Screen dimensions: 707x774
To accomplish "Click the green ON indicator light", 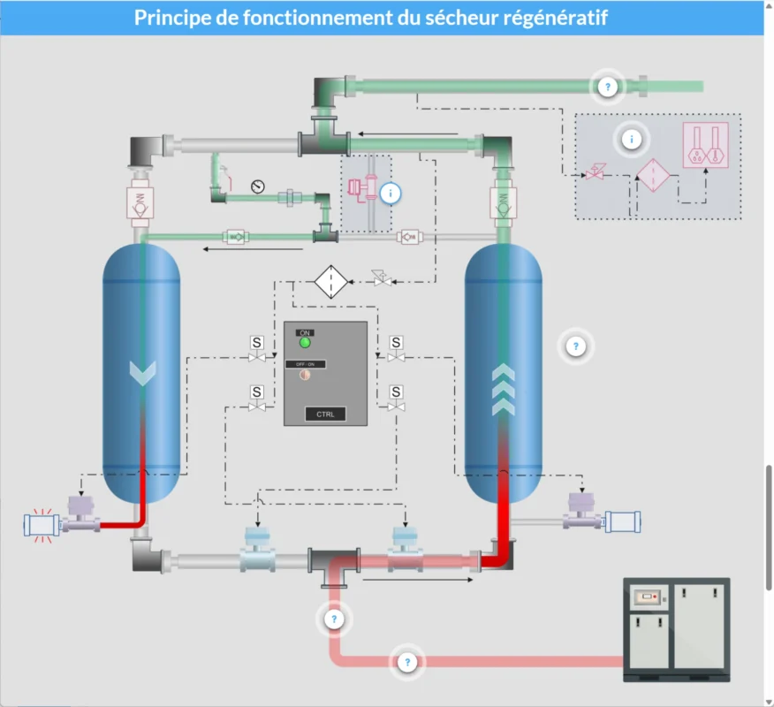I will (x=306, y=342).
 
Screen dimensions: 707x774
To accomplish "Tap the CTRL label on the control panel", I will (x=325, y=414).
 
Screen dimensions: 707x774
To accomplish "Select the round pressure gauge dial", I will (x=257, y=186).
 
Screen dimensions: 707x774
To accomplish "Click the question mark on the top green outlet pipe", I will (x=607, y=87).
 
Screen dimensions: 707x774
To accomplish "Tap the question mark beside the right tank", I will (x=576, y=346).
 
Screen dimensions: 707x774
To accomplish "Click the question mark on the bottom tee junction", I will (x=334, y=620).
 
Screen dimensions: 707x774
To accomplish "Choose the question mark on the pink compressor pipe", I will (x=407, y=661).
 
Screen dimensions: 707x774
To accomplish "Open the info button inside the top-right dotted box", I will (x=632, y=139).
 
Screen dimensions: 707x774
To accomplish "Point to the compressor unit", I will (x=677, y=629).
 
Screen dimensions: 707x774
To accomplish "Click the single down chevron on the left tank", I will (x=142, y=373).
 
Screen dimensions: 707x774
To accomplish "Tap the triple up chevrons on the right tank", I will (x=503, y=390).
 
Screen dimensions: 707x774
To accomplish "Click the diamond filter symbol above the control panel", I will (x=329, y=282).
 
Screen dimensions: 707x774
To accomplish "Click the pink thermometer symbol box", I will (x=705, y=145).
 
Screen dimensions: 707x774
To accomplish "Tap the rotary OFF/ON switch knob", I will (x=304, y=375).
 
